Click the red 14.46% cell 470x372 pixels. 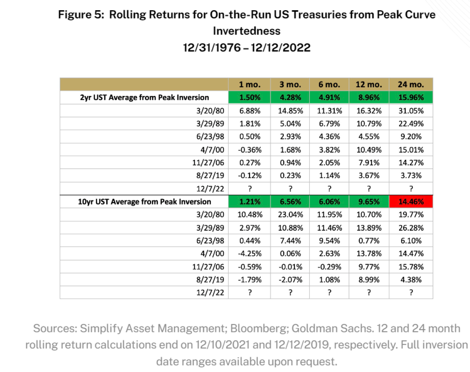point(411,201)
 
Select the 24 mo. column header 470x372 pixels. point(411,84)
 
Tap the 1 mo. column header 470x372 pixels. point(249,84)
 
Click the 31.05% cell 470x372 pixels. point(411,111)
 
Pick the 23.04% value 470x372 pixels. point(290,215)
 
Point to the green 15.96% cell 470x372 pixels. point(411,98)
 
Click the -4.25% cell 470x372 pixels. point(249,253)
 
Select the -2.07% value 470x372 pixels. point(290,280)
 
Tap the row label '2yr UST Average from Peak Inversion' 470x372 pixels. point(145,98)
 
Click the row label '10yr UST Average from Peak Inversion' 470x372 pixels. point(145,201)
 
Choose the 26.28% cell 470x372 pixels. point(411,228)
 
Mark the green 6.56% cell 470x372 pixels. point(290,201)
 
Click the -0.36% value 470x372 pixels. point(249,150)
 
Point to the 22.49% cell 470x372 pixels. point(411,124)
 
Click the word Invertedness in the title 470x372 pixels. point(247,31)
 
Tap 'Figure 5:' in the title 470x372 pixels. point(81,15)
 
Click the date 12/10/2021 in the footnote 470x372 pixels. point(222,345)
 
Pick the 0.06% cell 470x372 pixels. point(290,253)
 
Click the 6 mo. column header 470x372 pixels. point(329,84)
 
